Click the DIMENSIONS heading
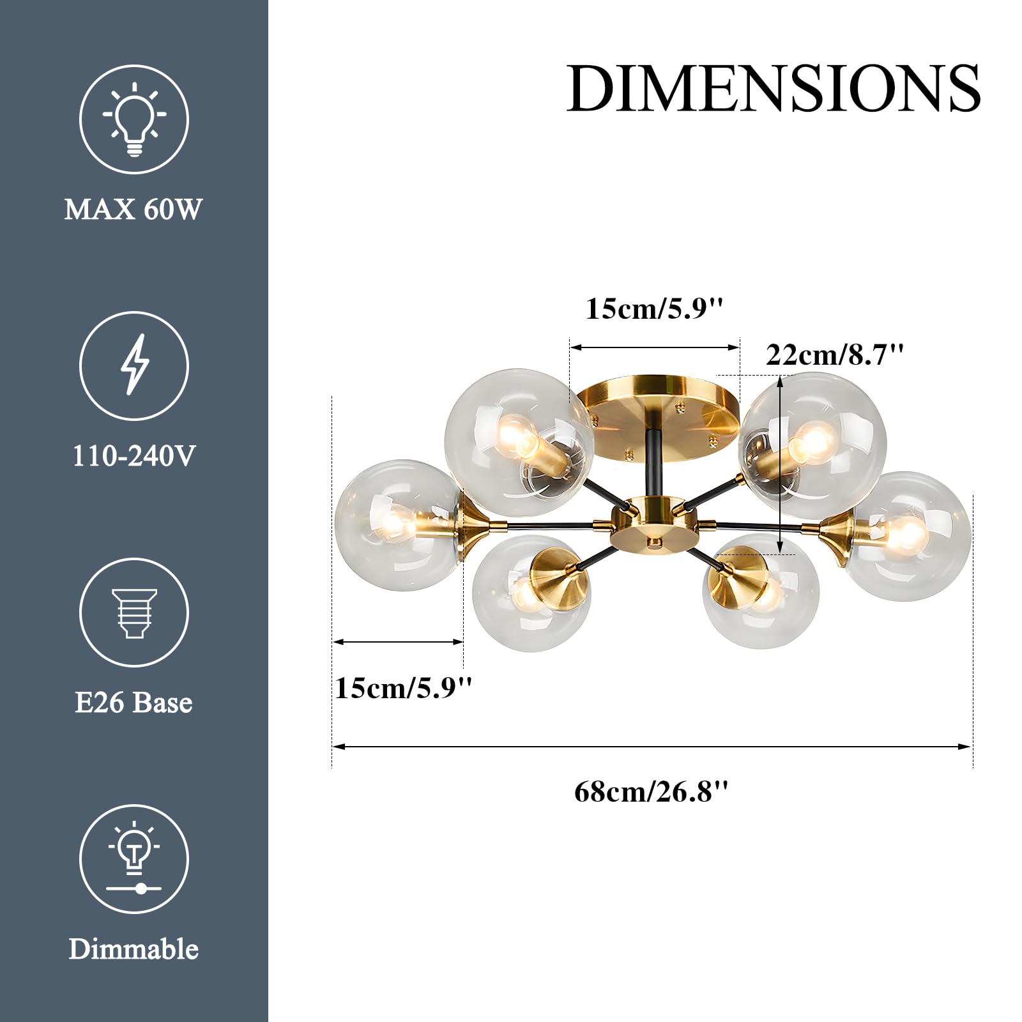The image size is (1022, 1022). [x=773, y=88]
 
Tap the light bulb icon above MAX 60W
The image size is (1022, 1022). [x=134, y=119]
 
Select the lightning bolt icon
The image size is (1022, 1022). [x=134, y=365]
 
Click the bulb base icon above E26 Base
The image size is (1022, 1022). [x=134, y=613]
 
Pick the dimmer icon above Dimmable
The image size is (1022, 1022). [x=134, y=858]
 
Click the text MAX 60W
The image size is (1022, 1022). [x=133, y=210]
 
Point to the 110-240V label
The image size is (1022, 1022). [x=133, y=456]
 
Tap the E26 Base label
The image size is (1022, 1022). [x=133, y=703]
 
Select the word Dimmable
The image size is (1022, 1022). [x=133, y=949]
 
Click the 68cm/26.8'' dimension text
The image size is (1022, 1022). [x=652, y=792]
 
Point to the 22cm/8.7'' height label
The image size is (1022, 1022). [x=835, y=355]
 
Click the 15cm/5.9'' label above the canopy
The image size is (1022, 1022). [x=655, y=309]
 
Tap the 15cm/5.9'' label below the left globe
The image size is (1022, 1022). [x=404, y=688]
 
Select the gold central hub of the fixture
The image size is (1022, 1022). [x=653, y=527]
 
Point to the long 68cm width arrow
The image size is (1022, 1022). [x=652, y=746]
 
